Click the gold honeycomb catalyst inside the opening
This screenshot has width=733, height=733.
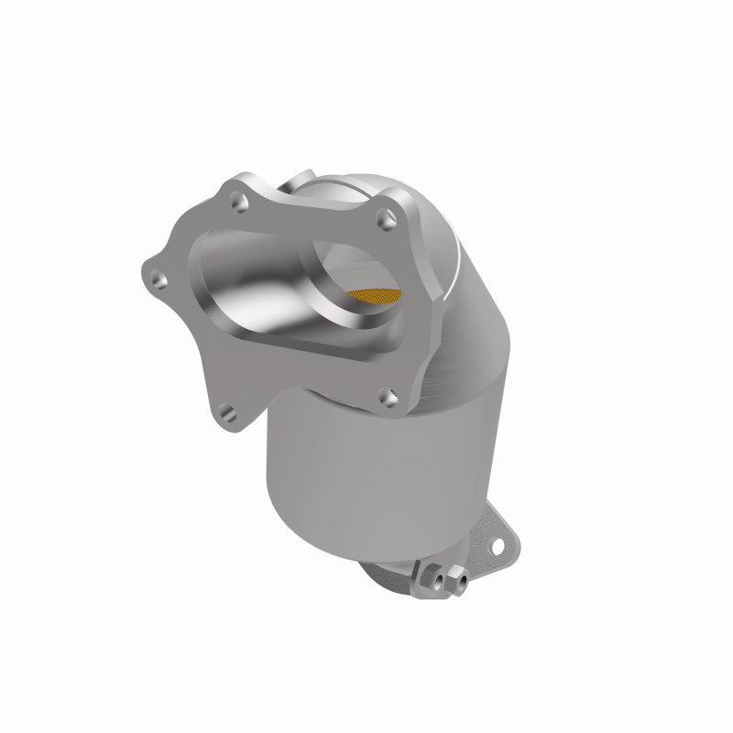click(376, 295)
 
